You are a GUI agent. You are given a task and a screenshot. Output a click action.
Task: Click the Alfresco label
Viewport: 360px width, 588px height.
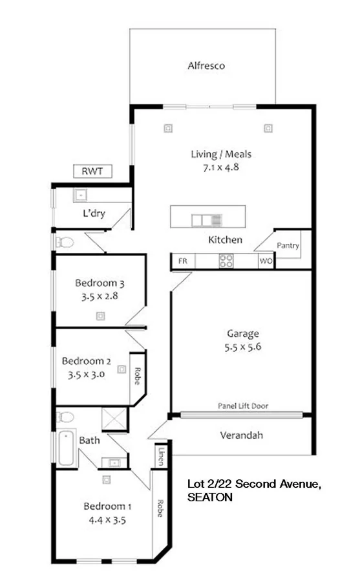pyautogui.click(x=206, y=65)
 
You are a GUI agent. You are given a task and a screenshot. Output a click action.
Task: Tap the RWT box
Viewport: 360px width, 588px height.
pyautogui.click(x=94, y=171)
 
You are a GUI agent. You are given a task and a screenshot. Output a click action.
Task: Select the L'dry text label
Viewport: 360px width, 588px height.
pyautogui.click(x=94, y=213)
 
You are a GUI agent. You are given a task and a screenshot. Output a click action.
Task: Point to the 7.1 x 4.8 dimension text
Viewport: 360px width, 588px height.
pyautogui.click(x=220, y=166)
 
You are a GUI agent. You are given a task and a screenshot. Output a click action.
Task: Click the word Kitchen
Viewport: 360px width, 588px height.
pyautogui.click(x=225, y=240)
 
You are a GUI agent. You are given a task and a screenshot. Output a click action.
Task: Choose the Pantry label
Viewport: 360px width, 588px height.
pyautogui.click(x=288, y=246)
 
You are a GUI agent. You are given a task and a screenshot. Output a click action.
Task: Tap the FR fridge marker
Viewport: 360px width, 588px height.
pyautogui.click(x=182, y=261)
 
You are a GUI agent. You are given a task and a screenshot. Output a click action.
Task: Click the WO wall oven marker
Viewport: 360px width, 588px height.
pyautogui.click(x=265, y=261)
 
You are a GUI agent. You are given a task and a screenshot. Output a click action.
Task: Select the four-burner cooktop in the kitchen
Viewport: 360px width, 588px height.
pyautogui.click(x=226, y=261)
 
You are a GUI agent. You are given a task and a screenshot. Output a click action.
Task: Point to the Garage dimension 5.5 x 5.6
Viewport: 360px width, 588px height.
pyautogui.click(x=242, y=346)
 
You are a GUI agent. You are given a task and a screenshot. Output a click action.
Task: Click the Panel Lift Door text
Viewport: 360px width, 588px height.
pyautogui.click(x=242, y=406)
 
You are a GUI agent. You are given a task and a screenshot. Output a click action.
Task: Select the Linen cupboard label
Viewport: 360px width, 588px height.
pyautogui.click(x=160, y=455)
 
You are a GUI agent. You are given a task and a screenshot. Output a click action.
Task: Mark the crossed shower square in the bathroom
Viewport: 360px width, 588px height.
pyautogui.click(x=115, y=419)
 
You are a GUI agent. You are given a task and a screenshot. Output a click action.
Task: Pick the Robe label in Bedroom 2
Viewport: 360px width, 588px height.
pyautogui.click(x=138, y=376)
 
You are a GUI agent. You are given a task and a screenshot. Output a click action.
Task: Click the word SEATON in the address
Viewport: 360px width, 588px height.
pyautogui.click(x=209, y=498)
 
